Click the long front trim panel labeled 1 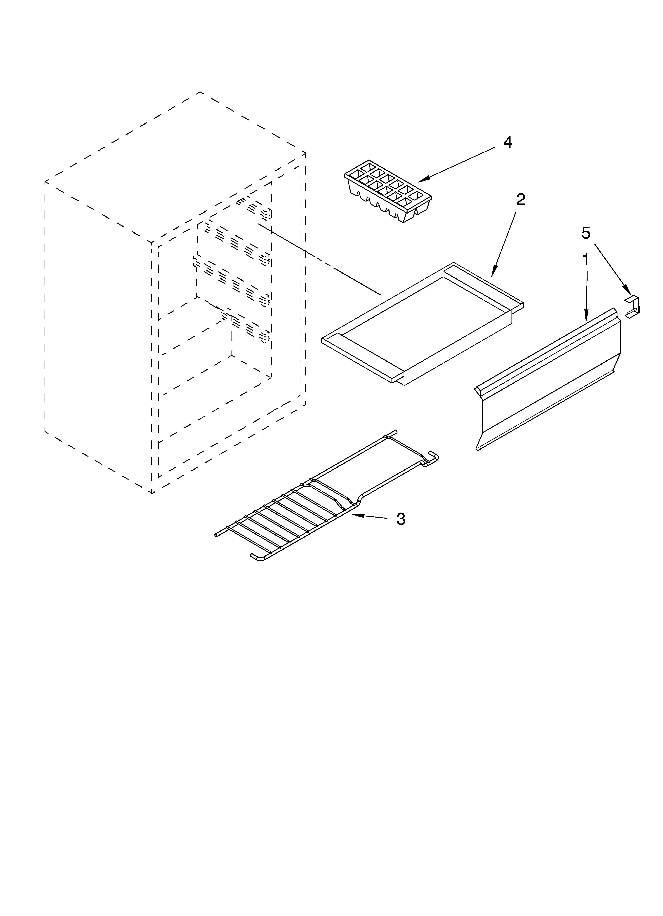point(549,380)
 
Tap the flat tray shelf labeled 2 point(422,323)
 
